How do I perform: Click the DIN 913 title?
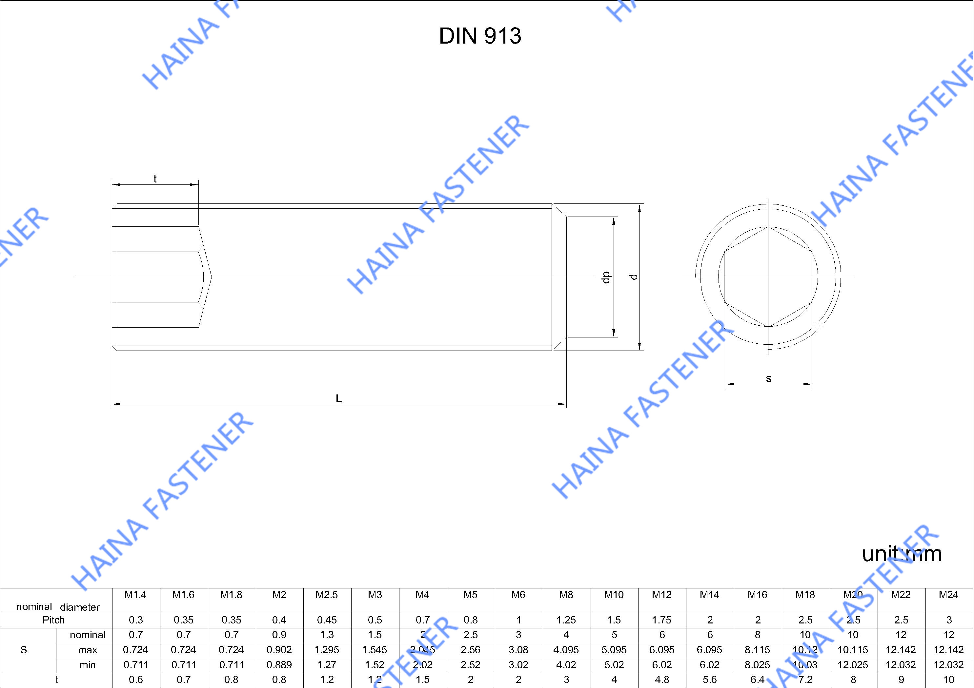(480, 36)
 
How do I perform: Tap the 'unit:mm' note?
(902, 554)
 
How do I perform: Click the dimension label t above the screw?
(155, 179)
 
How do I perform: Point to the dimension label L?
(338, 398)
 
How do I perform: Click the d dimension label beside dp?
(634, 277)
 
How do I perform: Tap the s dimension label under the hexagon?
(769, 378)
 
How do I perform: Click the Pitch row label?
(53, 620)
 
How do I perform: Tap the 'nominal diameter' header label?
(58, 607)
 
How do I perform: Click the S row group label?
(24, 650)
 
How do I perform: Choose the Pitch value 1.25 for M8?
(566, 620)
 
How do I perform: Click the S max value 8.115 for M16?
(757, 650)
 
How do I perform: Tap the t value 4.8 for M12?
(662, 680)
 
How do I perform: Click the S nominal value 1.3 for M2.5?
(327, 635)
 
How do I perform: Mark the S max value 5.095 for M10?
(614, 650)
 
